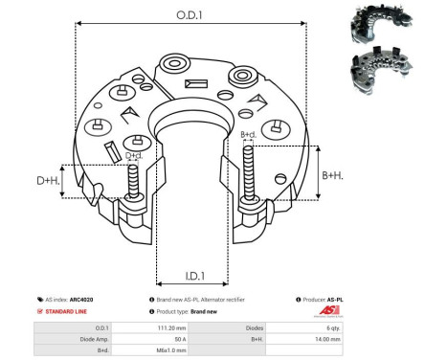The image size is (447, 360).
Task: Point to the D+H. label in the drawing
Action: (x=47, y=181)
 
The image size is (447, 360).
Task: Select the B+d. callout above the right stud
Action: (x=248, y=135)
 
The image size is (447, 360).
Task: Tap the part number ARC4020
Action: (x=82, y=300)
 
